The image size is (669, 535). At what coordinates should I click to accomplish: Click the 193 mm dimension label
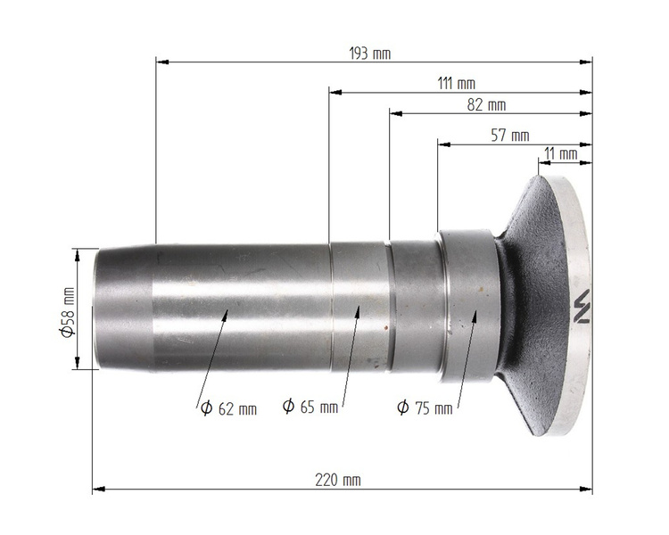pos(370,53)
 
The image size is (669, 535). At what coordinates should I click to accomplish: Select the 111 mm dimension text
pos(456,83)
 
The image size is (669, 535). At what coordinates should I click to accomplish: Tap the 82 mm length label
pos(486,105)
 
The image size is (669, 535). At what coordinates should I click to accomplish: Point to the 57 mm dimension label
pos(510,136)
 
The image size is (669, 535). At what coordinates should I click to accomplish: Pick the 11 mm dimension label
pos(561,153)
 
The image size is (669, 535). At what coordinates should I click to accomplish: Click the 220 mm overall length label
pos(338,481)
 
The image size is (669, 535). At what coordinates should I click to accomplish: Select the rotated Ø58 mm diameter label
pos(68,312)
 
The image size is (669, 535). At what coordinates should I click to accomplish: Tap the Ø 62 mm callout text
pos(228,408)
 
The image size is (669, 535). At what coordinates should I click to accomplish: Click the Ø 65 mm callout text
pos(310,407)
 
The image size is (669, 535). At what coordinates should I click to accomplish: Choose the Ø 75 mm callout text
pos(425,407)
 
